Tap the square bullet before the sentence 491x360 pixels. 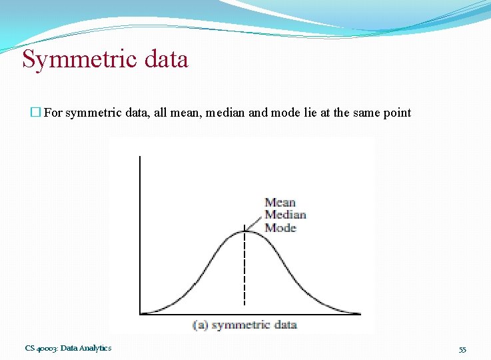point(36,113)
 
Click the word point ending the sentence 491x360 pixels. point(396,113)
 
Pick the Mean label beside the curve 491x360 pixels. point(280,202)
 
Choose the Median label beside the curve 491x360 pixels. point(285,215)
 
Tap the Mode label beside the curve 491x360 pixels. point(280,227)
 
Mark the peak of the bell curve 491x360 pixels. point(245,231)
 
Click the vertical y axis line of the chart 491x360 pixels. point(140,233)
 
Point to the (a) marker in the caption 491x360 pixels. point(201,325)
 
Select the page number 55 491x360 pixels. point(462,349)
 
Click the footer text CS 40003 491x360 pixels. point(41,348)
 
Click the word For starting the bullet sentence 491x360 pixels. point(53,113)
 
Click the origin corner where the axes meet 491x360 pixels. point(140,313)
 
